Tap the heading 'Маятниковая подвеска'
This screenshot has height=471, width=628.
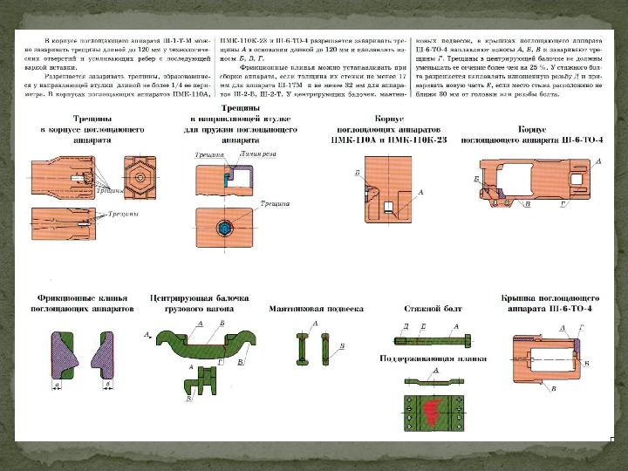(x=317, y=308)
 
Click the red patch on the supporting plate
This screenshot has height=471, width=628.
(x=433, y=409)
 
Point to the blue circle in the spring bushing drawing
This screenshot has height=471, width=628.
(x=227, y=227)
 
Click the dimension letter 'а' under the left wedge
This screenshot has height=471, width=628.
(x=57, y=385)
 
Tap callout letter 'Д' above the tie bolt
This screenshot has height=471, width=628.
(x=406, y=324)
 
